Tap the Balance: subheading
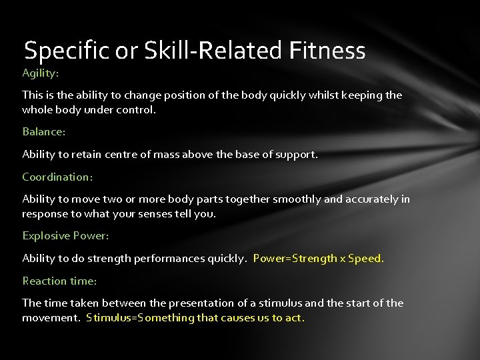(44, 132)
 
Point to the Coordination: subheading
(57, 177)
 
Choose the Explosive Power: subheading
(65, 236)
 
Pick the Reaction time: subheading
(59, 281)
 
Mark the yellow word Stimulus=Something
(140, 318)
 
